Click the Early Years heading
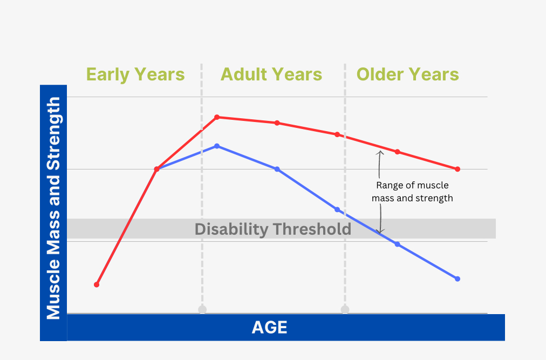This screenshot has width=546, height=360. click(x=135, y=74)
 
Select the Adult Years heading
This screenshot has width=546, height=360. click(x=271, y=74)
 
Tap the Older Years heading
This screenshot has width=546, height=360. click(x=408, y=74)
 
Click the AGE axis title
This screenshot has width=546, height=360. click(x=270, y=328)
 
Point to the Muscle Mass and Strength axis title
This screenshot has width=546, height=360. click(x=53, y=208)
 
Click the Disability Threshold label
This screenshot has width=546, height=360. click(x=272, y=229)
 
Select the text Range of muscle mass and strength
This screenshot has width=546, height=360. click(x=412, y=192)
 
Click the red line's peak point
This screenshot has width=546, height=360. click(x=217, y=117)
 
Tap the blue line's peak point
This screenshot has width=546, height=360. click(x=217, y=146)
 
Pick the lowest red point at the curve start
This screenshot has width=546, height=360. click(x=97, y=285)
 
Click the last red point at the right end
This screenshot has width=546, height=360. click(x=458, y=169)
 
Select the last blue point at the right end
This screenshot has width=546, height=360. click(x=458, y=279)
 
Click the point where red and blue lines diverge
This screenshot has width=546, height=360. click(x=156, y=169)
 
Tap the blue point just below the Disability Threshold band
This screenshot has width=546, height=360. click(x=398, y=244)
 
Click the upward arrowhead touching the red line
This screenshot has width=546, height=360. click(x=380, y=153)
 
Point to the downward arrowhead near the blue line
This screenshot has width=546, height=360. click(x=380, y=231)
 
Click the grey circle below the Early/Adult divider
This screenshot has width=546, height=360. click(x=202, y=309)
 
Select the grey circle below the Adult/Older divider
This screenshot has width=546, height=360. click(x=345, y=309)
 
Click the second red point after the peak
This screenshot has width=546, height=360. click(x=337, y=134)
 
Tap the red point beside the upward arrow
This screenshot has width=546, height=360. click(x=397, y=152)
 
